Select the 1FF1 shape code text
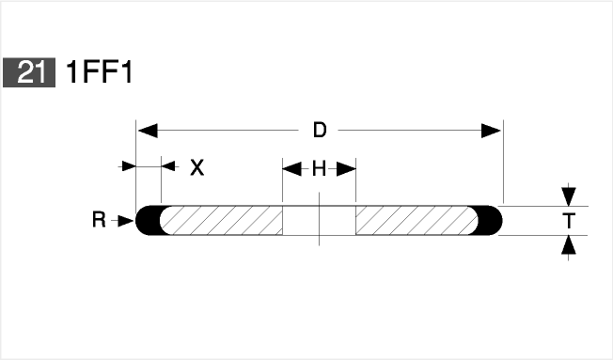[x=100, y=72]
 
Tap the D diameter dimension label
[x=320, y=130]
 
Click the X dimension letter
[x=197, y=167]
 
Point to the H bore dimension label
[x=319, y=169]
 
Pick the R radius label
[x=99, y=220]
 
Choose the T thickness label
[x=569, y=221]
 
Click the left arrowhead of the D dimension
[x=149, y=131]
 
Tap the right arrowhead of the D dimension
[x=491, y=131]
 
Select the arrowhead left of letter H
[x=292, y=169]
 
